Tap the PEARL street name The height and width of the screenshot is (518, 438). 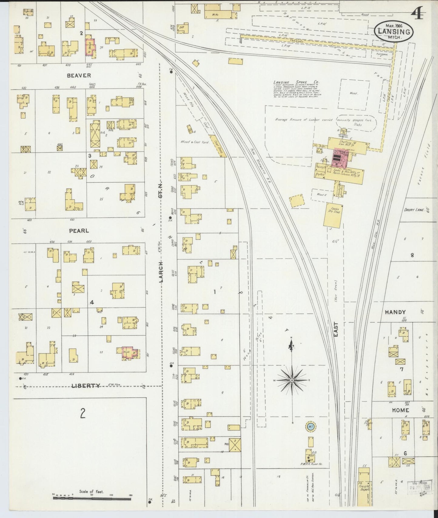[x=79, y=231]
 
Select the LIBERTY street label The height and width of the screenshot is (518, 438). [x=86, y=386]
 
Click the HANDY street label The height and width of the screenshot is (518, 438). [x=395, y=312]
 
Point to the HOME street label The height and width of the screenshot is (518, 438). [x=400, y=410]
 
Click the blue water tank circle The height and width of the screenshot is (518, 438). [x=310, y=427]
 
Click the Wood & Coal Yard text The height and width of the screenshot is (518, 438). [x=194, y=142]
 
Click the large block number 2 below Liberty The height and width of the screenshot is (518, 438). [x=82, y=413]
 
